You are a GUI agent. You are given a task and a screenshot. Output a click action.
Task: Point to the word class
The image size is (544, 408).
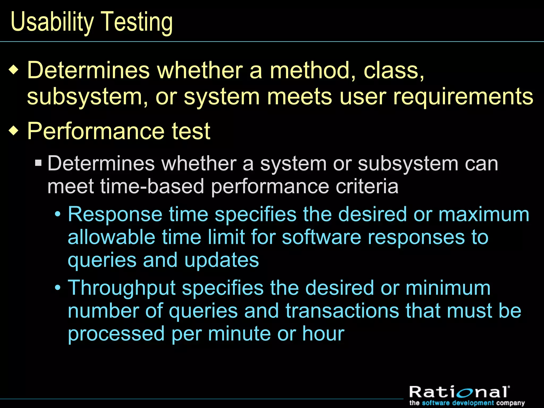click(393, 70)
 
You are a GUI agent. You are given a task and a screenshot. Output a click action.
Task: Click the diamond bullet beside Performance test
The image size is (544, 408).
click(14, 131)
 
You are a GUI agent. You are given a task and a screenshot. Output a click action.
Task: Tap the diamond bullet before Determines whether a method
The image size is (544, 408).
click(14, 70)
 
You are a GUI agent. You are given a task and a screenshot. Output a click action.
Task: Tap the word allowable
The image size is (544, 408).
click(111, 237)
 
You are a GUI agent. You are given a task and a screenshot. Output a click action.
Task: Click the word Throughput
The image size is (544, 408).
click(122, 288)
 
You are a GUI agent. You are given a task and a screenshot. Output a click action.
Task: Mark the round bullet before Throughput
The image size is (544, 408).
click(58, 288)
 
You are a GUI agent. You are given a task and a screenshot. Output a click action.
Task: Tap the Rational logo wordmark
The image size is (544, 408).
click(459, 393)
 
